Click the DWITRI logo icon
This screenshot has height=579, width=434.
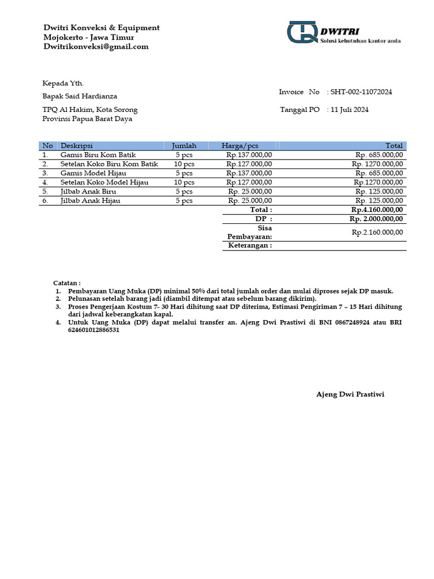click(x=302, y=32)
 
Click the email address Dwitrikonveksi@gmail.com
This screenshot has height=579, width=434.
click(x=96, y=47)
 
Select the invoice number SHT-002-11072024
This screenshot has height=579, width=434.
click(x=361, y=92)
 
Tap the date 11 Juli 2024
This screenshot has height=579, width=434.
click(x=349, y=110)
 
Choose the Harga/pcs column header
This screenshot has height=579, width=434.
click(x=240, y=146)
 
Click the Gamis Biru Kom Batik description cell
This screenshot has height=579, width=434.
click(x=98, y=154)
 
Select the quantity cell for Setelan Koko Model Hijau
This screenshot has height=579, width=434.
click(x=184, y=182)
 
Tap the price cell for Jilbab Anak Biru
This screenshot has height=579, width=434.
click(x=250, y=191)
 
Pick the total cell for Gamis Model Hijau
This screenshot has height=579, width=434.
click(x=379, y=173)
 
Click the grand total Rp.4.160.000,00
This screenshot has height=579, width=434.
click(x=376, y=209)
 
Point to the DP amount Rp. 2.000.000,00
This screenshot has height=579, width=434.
click(x=376, y=219)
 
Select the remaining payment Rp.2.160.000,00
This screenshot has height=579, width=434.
click(x=377, y=232)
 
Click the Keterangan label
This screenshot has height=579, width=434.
click(x=249, y=245)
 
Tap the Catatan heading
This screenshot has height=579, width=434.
click(x=67, y=282)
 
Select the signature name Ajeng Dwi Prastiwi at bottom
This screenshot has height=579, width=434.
click(x=350, y=394)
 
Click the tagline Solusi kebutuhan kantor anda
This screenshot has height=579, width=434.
click(x=360, y=41)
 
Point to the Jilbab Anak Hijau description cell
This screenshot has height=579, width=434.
click(x=90, y=200)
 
